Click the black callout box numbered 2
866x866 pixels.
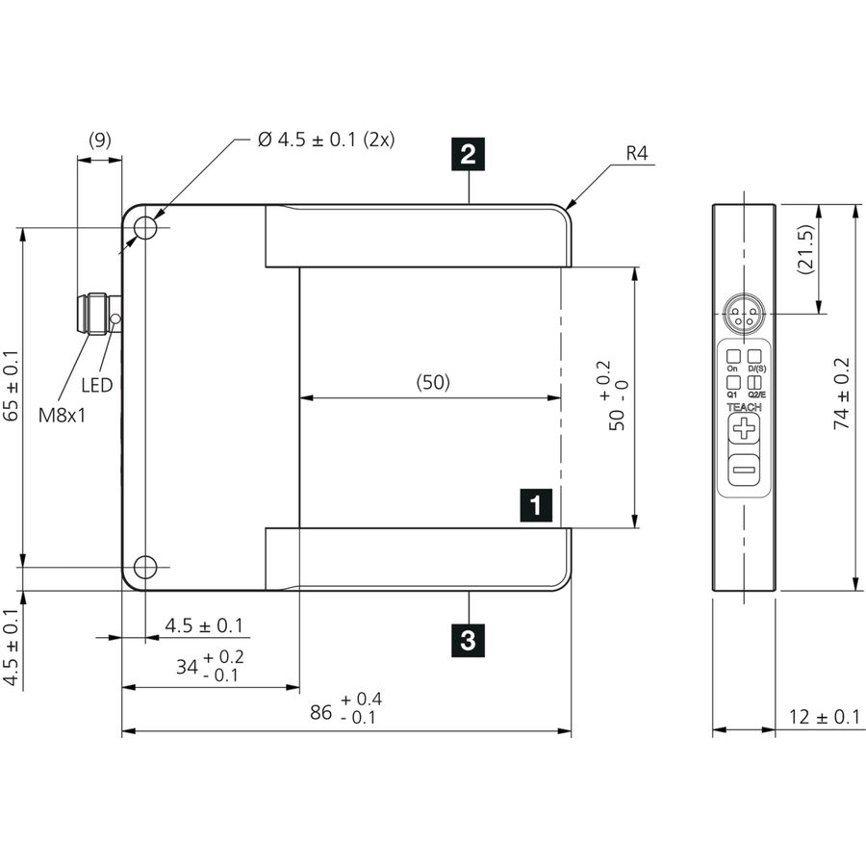tap(468, 154)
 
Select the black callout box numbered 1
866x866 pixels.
tap(536, 505)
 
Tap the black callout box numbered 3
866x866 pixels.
tap(468, 641)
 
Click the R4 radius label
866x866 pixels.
tap(637, 153)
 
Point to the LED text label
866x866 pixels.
tap(96, 385)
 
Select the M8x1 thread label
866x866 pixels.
tap(63, 416)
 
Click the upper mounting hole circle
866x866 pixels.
tap(145, 227)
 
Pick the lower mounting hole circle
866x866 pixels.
tap(145, 567)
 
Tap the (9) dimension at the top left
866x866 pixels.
tap(100, 140)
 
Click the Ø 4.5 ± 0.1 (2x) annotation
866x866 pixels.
tap(326, 140)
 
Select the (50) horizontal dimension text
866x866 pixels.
tap(433, 382)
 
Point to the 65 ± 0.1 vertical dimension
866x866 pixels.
tap(11, 386)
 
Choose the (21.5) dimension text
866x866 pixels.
tap(805, 248)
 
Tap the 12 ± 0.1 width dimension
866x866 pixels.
tap(824, 716)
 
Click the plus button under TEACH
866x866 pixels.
tap(744, 428)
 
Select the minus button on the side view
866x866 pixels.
tap(744, 470)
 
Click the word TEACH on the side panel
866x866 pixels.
tap(744, 407)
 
